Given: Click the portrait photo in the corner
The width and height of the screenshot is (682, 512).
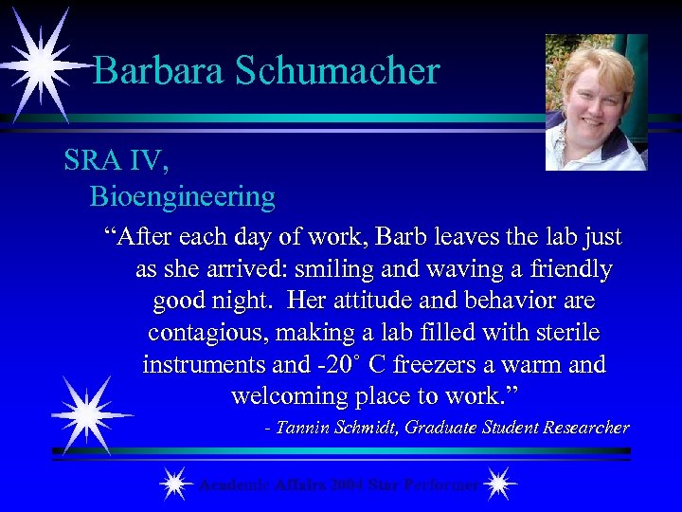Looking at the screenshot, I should click(x=596, y=102).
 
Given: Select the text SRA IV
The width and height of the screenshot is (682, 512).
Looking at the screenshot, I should click(x=117, y=161).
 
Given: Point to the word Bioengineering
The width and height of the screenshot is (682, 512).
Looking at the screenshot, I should click(x=182, y=197).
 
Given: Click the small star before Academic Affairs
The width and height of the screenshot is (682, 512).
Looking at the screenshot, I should click(x=173, y=485).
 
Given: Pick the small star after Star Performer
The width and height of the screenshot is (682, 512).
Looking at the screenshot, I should click(x=499, y=485).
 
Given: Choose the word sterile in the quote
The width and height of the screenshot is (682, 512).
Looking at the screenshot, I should click(x=564, y=334).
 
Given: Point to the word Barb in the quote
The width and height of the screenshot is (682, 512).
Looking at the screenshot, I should click(x=350, y=237).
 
